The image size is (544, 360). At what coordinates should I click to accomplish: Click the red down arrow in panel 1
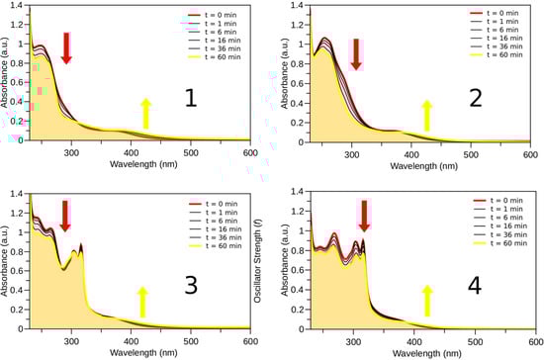66,46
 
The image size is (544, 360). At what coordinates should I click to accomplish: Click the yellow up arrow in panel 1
145,115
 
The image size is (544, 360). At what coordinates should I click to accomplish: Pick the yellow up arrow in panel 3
144,303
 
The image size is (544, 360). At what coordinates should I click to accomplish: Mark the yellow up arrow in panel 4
427,302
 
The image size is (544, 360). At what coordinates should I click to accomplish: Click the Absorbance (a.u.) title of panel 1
7,76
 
